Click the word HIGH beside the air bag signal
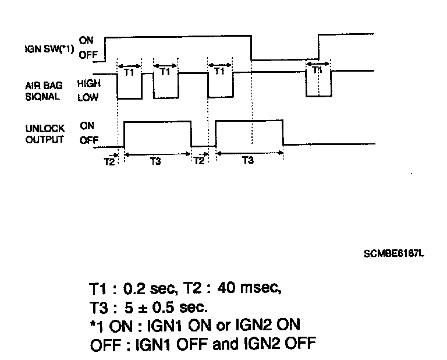pos(88,84)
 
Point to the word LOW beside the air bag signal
pos(88,98)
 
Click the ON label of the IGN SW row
pos(86,41)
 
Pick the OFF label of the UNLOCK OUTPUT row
pos(88,140)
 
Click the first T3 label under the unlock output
pos(155,161)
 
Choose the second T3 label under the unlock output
pos(248,161)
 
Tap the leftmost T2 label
pos(109,161)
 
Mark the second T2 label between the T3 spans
pos(200,161)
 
